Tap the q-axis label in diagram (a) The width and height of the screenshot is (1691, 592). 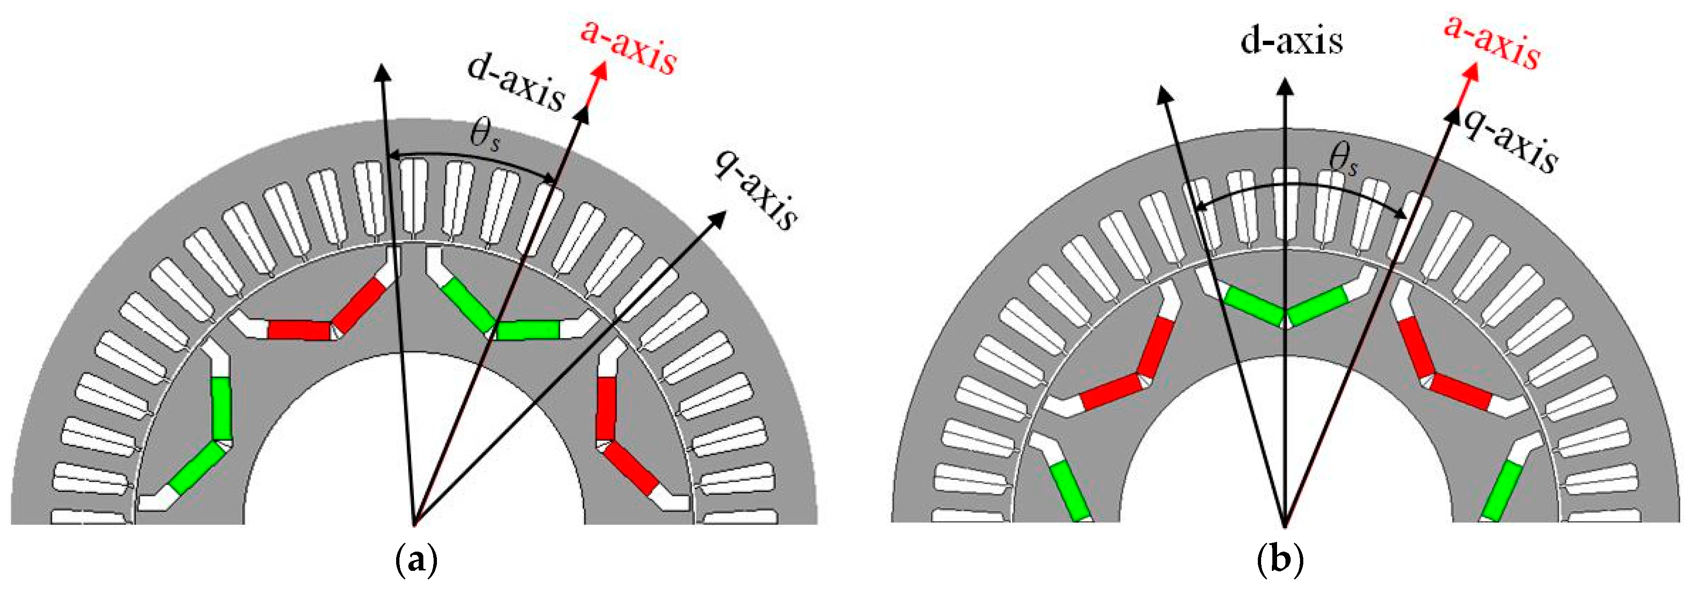[756, 192]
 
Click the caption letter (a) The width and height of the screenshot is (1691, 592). [417, 562]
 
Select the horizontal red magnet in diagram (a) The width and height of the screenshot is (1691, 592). [299, 330]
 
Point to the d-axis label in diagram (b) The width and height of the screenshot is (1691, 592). [1291, 41]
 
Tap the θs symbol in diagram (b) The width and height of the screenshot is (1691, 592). [1342, 160]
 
